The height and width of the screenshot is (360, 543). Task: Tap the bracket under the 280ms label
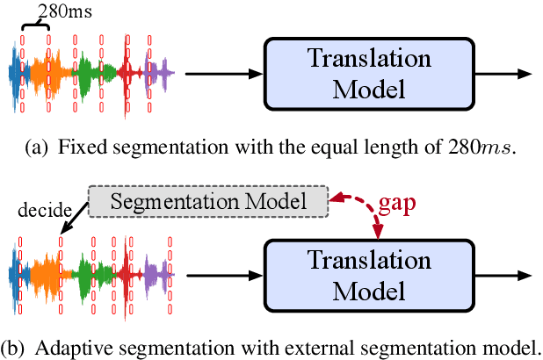coord(36,28)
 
